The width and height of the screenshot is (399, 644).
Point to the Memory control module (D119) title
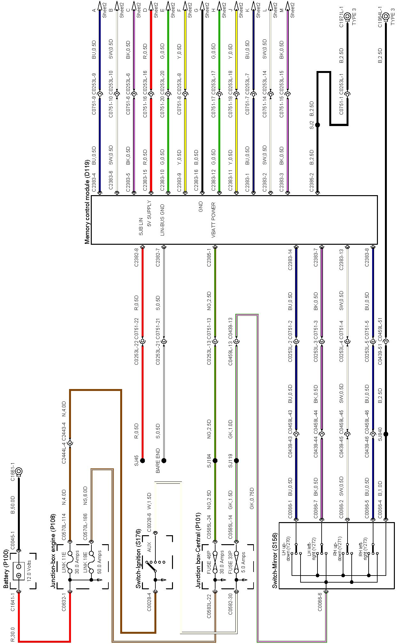[87, 202]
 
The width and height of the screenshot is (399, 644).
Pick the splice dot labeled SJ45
[142, 461]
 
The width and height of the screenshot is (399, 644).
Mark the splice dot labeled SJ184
[215, 461]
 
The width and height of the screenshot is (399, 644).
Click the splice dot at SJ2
[317, 125]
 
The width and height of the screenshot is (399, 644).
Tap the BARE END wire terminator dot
[164, 461]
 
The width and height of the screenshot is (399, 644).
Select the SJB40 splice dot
[386, 434]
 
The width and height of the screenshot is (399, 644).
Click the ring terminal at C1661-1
[19, 471]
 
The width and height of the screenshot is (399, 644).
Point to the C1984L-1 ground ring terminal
[386, 16]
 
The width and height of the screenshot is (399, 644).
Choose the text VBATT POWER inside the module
[214, 220]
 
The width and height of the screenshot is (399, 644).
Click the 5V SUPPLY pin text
[149, 213]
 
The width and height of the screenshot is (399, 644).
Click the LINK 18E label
[85, 561]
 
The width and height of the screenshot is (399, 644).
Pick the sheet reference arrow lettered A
[100, 6]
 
